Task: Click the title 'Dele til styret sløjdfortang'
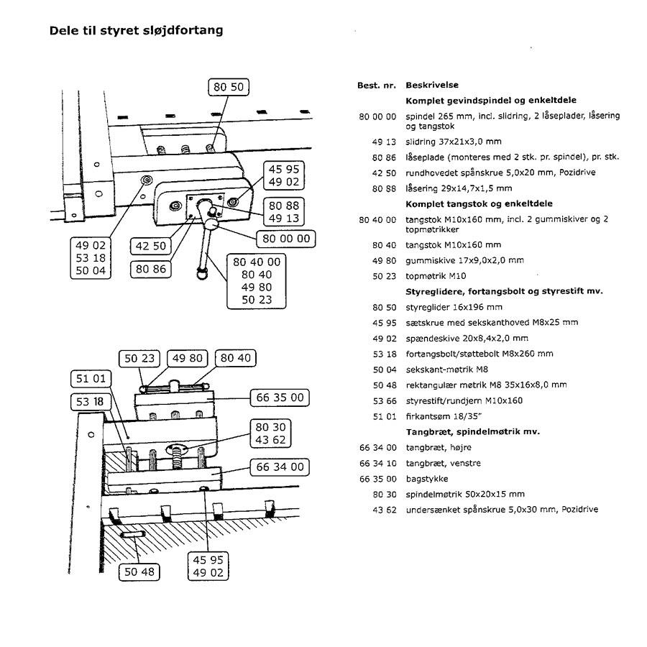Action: point(136,30)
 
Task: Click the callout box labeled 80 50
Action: point(229,87)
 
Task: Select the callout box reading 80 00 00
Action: point(286,239)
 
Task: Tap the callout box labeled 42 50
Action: point(151,246)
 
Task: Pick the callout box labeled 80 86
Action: point(151,269)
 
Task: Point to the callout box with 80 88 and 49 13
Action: point(284,211)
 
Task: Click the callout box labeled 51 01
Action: point(91,378)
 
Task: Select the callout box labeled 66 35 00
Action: point(280,398)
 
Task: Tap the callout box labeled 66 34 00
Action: point(280,467)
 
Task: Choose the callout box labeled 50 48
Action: point(139,572)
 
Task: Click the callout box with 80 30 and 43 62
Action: point(270,433)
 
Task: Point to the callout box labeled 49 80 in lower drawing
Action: point(188,358)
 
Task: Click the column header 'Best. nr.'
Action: point(376,86)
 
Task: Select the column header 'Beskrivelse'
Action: point(432,85)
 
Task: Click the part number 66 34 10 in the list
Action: point(377,464)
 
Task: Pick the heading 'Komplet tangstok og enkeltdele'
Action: point(479,204)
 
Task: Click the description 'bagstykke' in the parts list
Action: point(426,479)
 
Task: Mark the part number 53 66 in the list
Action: point(385,401)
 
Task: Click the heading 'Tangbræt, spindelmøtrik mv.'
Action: point(473,432)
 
